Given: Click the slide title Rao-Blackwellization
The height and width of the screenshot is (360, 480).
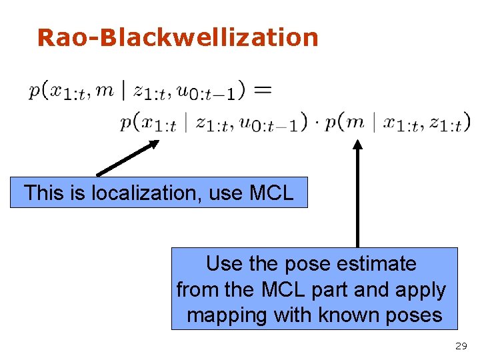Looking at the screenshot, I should [x=178, y=37].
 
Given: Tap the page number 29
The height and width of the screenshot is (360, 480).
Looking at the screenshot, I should [x=460, y=346].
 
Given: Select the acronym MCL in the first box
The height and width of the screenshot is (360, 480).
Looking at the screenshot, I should [x=271, y=193].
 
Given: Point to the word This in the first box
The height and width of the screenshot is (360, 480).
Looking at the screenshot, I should [x=45, y=193].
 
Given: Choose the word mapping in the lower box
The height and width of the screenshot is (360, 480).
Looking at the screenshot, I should [x=227, y=315].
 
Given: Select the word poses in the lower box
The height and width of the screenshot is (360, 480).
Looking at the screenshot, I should [x=415, y=315].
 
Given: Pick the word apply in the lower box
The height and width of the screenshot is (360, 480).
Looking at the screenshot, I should [x=421, y=291].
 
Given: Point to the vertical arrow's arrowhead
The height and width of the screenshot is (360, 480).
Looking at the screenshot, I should [x=357, y=145].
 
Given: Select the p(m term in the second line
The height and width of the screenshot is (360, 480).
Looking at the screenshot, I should [x=344, y=123].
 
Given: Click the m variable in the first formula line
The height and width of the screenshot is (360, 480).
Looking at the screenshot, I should [x=105, y=90].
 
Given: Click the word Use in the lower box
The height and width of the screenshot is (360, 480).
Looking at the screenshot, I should [x=224, y=264].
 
